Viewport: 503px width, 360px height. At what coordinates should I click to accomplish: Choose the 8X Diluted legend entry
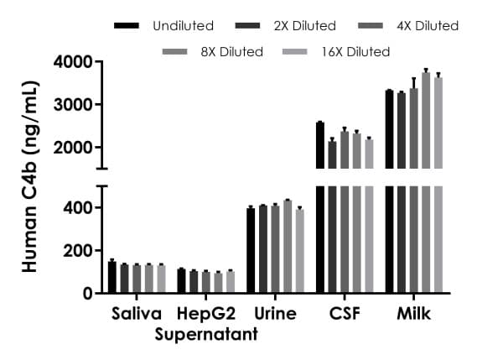click(231, 52)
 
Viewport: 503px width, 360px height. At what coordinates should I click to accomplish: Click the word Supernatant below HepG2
click(206, 335)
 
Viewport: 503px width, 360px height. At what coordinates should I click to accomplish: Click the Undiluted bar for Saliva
click(112, 278)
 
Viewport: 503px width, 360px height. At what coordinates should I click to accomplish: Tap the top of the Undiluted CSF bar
click(320, 123)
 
